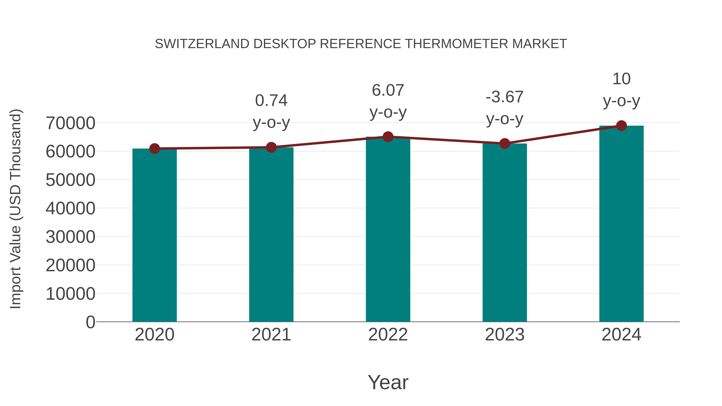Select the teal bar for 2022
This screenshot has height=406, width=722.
[388, 230]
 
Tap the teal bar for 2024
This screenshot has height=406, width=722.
[621, 224]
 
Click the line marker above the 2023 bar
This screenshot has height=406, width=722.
[505, 144]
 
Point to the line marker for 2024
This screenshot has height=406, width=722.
[621, 126]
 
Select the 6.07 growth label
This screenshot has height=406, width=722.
[388, 90]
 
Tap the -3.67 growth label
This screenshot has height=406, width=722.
[505, 97]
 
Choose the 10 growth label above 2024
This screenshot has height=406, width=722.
[621, 79]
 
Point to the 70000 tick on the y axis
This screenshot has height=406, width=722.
[70, 123]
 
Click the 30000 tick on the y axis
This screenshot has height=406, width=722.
[70, 237]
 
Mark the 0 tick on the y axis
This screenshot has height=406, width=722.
[90, 322]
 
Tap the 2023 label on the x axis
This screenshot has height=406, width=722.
[505, 335]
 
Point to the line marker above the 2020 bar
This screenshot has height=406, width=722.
[154, 149]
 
